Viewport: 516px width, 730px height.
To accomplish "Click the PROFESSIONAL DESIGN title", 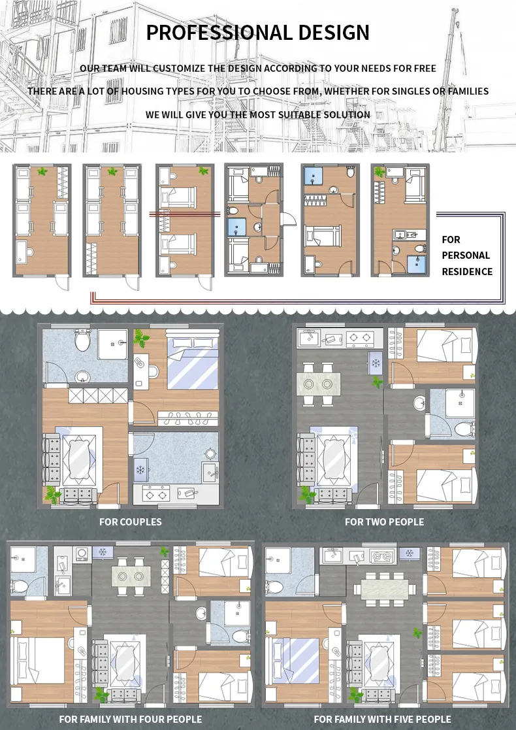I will point(257,32).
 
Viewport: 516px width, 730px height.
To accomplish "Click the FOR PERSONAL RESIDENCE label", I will point(466,256).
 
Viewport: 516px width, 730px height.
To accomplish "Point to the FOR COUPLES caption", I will point(130,522).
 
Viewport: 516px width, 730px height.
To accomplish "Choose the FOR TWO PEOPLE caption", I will point(384,522).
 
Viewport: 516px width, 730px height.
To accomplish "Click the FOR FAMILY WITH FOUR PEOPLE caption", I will point(131,720).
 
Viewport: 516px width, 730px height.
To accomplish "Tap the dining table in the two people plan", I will point(321,382).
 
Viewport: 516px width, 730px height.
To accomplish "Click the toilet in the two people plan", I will point(464,428).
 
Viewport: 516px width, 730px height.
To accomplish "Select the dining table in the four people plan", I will point(131,576).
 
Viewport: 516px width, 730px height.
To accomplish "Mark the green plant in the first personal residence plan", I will point(42,172).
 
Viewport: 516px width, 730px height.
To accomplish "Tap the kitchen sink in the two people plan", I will point(308,338).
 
